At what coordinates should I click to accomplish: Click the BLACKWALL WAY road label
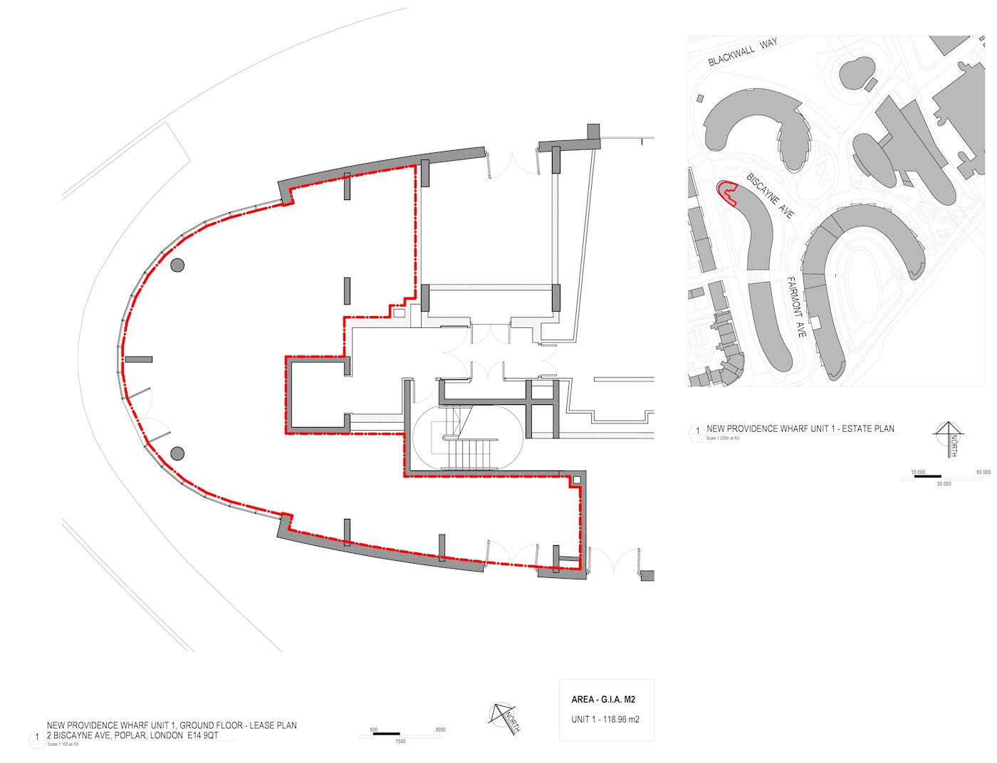point(742,53)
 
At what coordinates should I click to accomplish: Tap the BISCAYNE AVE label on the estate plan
point(770,195)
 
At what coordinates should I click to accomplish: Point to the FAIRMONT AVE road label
point(796,307)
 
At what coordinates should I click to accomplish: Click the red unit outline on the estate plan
point(726,191)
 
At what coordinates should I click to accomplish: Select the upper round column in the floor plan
point(177,265)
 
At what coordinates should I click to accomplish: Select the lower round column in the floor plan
point(177,453)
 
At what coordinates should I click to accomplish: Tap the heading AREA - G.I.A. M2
point(603,700)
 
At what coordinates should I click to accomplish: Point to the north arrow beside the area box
point(504,717)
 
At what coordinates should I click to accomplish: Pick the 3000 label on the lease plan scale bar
point(440,730)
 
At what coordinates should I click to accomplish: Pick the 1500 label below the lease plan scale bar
point(400,742)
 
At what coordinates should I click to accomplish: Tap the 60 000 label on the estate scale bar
point(983,472)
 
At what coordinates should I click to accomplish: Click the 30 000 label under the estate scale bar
point(943,484)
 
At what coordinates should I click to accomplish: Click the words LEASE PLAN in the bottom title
point(273,725)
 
